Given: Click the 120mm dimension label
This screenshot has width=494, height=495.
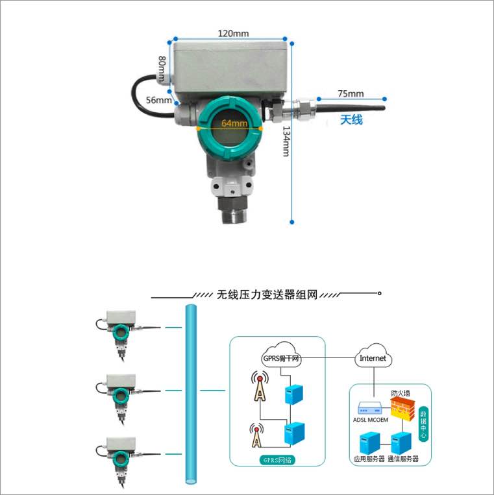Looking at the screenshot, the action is coord(233,33).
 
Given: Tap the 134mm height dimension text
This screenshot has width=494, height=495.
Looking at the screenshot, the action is coord(286,141).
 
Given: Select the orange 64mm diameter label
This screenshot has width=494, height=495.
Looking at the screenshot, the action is coord(234,123).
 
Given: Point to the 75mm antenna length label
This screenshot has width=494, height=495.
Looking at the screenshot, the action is coord(351,93).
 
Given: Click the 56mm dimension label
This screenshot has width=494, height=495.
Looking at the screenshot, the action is coord(159,100).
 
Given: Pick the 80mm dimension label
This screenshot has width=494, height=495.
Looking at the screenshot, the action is coord(162,69).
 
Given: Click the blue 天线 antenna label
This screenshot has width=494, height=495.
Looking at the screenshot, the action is coord(351,119).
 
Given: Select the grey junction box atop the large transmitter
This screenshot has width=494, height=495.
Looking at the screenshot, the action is coord(231,68).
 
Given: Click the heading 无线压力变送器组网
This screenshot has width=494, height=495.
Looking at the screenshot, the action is coord(267,295).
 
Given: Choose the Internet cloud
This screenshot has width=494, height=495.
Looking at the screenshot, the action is coord(373,357).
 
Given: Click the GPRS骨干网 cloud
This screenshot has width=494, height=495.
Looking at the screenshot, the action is coord(281,356).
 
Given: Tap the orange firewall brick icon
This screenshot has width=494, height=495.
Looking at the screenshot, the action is coord(402,409).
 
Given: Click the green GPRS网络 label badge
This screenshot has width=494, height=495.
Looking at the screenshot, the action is coord(277,460).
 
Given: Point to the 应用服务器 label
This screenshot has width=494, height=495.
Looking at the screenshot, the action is coord(369,459).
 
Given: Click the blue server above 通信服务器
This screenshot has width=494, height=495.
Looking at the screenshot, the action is coord(401,443).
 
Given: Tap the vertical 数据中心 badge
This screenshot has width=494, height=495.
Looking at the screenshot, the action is coord(423,424).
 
